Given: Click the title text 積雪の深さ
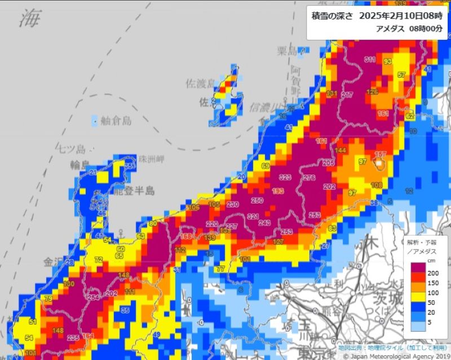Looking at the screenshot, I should [332, 16].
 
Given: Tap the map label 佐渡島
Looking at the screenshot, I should [200, 83].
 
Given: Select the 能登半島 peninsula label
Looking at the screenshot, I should [134, 191].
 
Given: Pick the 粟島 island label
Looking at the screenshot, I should [287, 51].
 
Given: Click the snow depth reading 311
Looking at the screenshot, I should [370, 60].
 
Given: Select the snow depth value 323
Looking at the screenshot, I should [285, 177].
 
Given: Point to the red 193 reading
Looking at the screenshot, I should [278, 192].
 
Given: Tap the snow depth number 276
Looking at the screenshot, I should [309, 177].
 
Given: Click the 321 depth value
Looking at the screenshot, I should [253, 217].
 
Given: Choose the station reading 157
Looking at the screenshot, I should [381, 154].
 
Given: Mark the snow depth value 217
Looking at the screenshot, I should [347, 95].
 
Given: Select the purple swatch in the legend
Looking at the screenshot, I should [418, 268].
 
